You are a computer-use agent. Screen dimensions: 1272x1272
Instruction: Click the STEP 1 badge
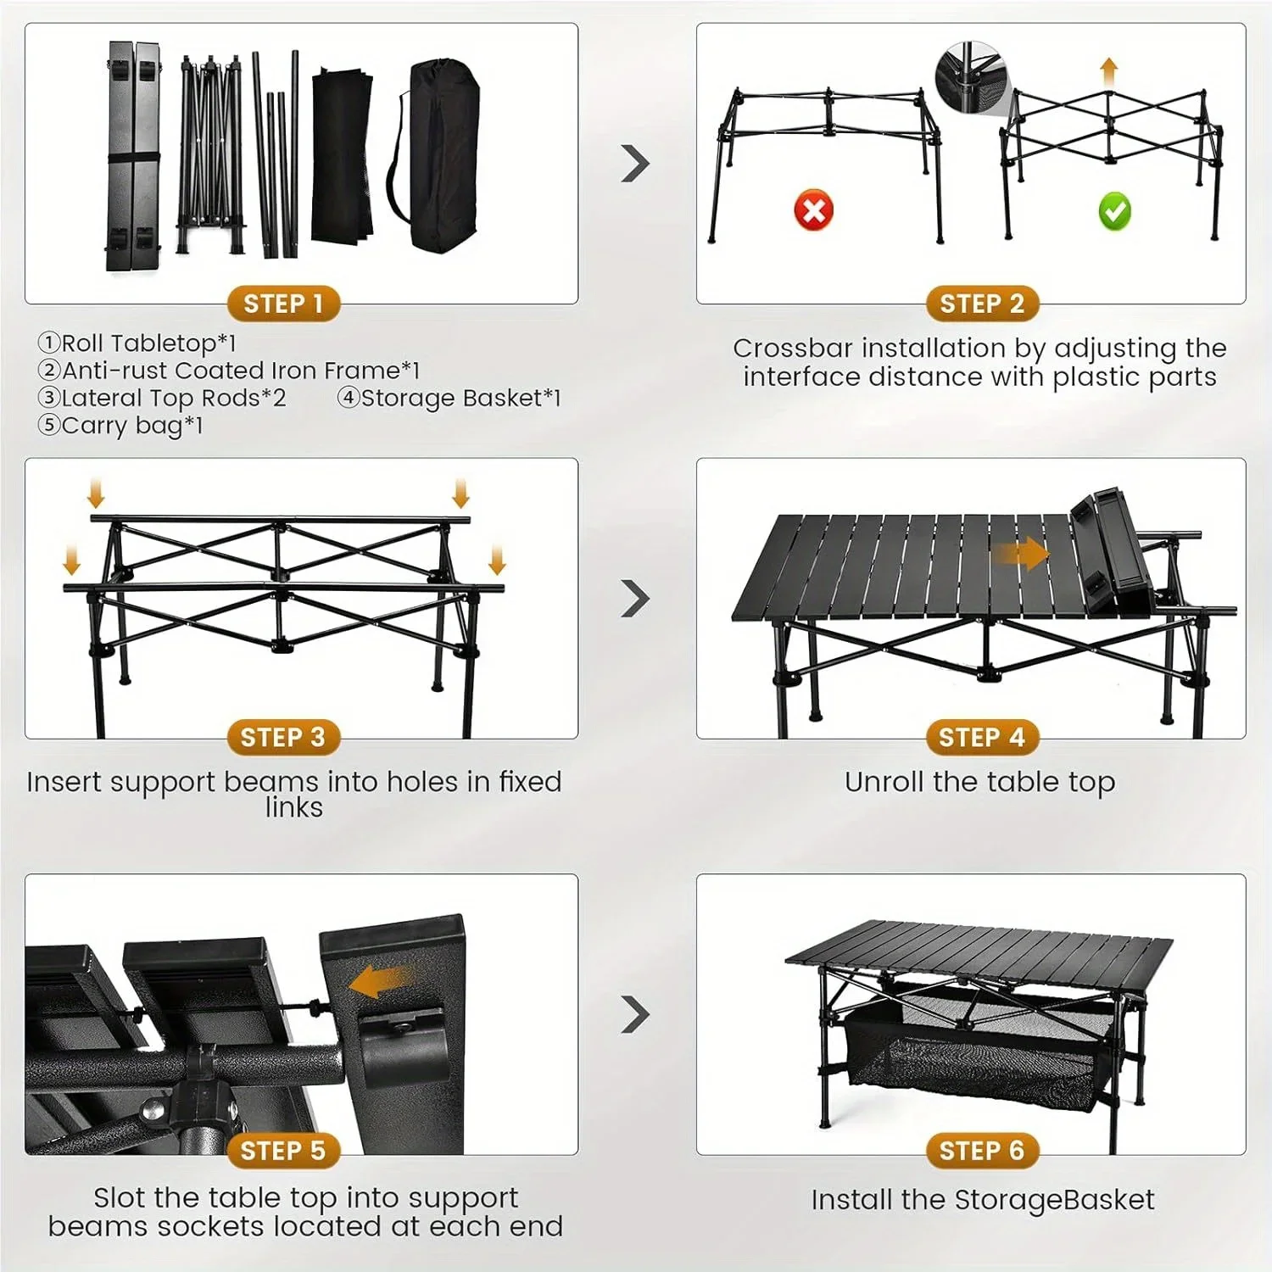(x=283, y=304)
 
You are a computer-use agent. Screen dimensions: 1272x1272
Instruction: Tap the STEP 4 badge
(x=981, y=738)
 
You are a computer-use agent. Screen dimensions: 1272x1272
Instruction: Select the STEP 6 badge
(x=981, y=1151)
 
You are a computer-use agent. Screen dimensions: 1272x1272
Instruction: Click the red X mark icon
(x=813, y=209)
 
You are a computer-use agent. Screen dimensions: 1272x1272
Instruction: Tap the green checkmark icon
(x=1114, y=211)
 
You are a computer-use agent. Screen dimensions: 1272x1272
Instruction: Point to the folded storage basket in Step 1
(x=342, y=154)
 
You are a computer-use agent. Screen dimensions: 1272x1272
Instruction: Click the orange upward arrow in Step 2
(x=1108, y=70)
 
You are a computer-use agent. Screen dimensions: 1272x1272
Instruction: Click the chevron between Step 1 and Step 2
(x=635, y=164)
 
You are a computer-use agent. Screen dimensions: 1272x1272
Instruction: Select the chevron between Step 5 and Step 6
(x=635, y=1014)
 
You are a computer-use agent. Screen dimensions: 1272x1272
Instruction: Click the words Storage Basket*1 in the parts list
(x=460, y=398)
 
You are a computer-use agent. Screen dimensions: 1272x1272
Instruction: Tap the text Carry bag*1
(x=131, y=425)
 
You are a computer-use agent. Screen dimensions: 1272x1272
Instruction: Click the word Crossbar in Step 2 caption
(x=784, y=349)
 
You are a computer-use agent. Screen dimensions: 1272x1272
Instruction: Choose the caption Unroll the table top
(x=979, y=782)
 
